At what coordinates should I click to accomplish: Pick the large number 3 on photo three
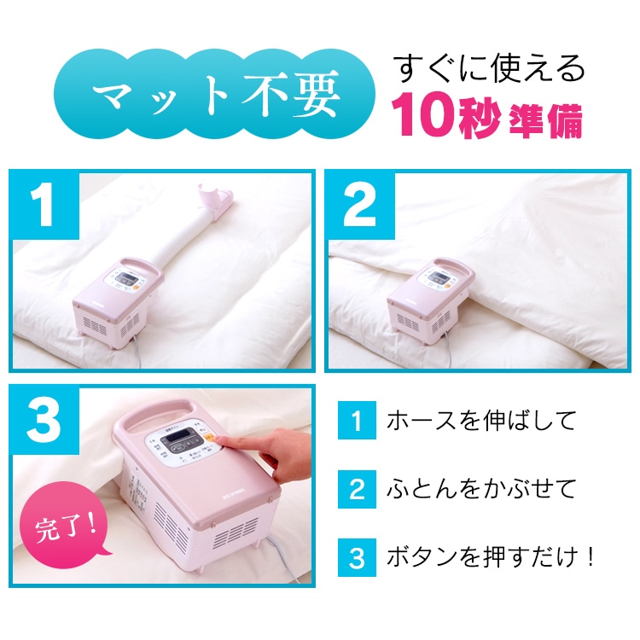[44, 421]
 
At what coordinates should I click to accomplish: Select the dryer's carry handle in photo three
[160, 416]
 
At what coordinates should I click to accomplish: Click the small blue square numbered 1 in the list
[358, 421]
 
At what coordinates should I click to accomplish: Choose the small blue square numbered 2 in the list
[358, 489]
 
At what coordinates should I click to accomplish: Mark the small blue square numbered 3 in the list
[358, 557]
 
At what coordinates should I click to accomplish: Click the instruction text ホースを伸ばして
[480, 421]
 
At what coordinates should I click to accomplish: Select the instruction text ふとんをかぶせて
[480, 489]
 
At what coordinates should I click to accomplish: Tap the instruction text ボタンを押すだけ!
[490, 556]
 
